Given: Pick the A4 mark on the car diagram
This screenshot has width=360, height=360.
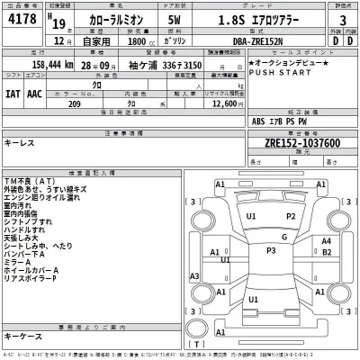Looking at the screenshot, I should point(326,241).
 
